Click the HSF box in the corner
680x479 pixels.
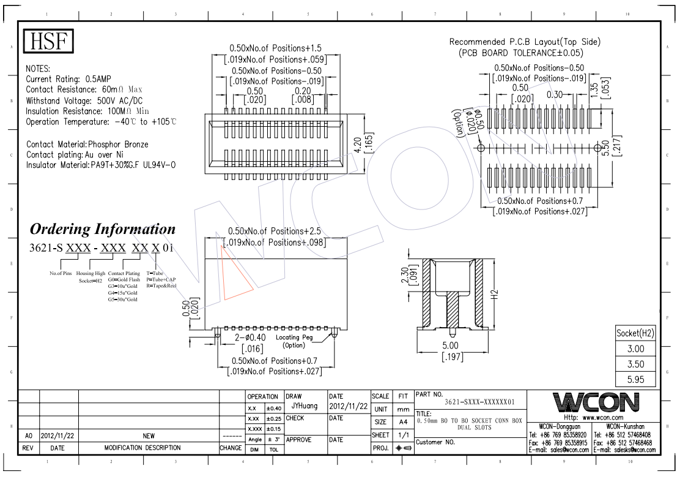[48, 42]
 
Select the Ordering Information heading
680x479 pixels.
[103, 230]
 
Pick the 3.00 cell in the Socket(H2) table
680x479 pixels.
[636, 349]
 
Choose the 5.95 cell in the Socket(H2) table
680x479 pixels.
[636, 379]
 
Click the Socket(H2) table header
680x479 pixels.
[636, 333]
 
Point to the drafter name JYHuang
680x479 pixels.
[304, 405]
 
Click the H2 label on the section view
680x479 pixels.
[495, 295]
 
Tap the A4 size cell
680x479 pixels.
[402, 422]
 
